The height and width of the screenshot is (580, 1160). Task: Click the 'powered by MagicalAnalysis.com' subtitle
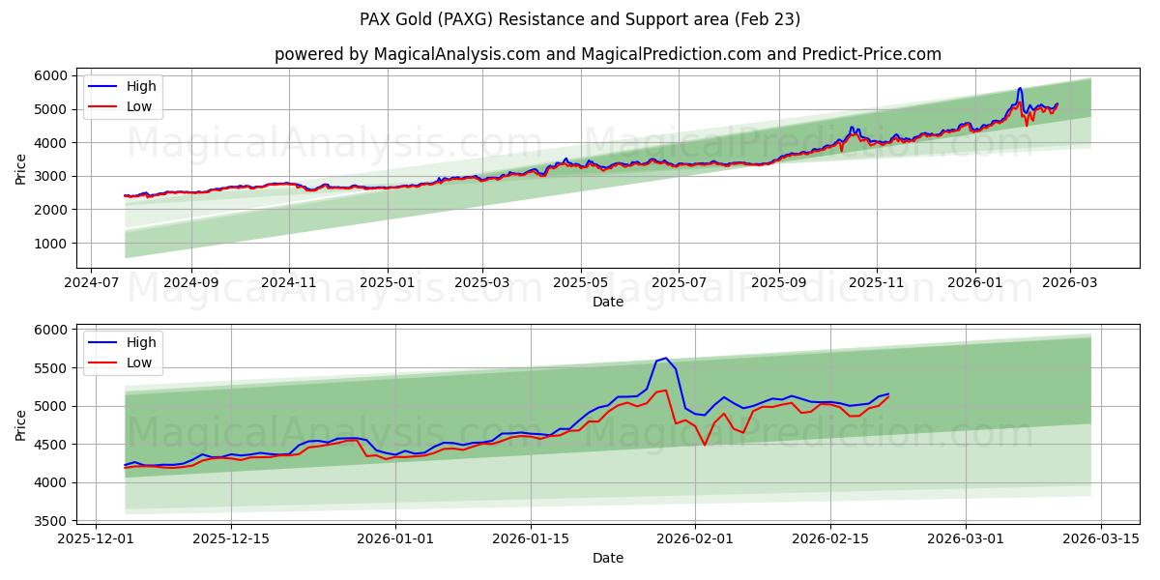pos(407,54)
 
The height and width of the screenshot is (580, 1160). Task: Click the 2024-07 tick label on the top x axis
pos(91,282)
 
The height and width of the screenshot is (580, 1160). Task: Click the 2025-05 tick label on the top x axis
pos(581,282)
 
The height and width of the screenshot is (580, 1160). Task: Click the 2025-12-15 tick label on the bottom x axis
pos(231,538)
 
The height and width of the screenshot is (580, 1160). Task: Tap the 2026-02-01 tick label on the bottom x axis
pos(695,538)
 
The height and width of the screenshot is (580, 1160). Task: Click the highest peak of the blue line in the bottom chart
pos(665,358)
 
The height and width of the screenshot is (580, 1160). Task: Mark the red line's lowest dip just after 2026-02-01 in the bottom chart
pos(705,445)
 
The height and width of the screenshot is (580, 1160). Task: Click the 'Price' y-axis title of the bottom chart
pos(20,425)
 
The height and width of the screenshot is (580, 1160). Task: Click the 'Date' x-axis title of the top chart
pos(607,302)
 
